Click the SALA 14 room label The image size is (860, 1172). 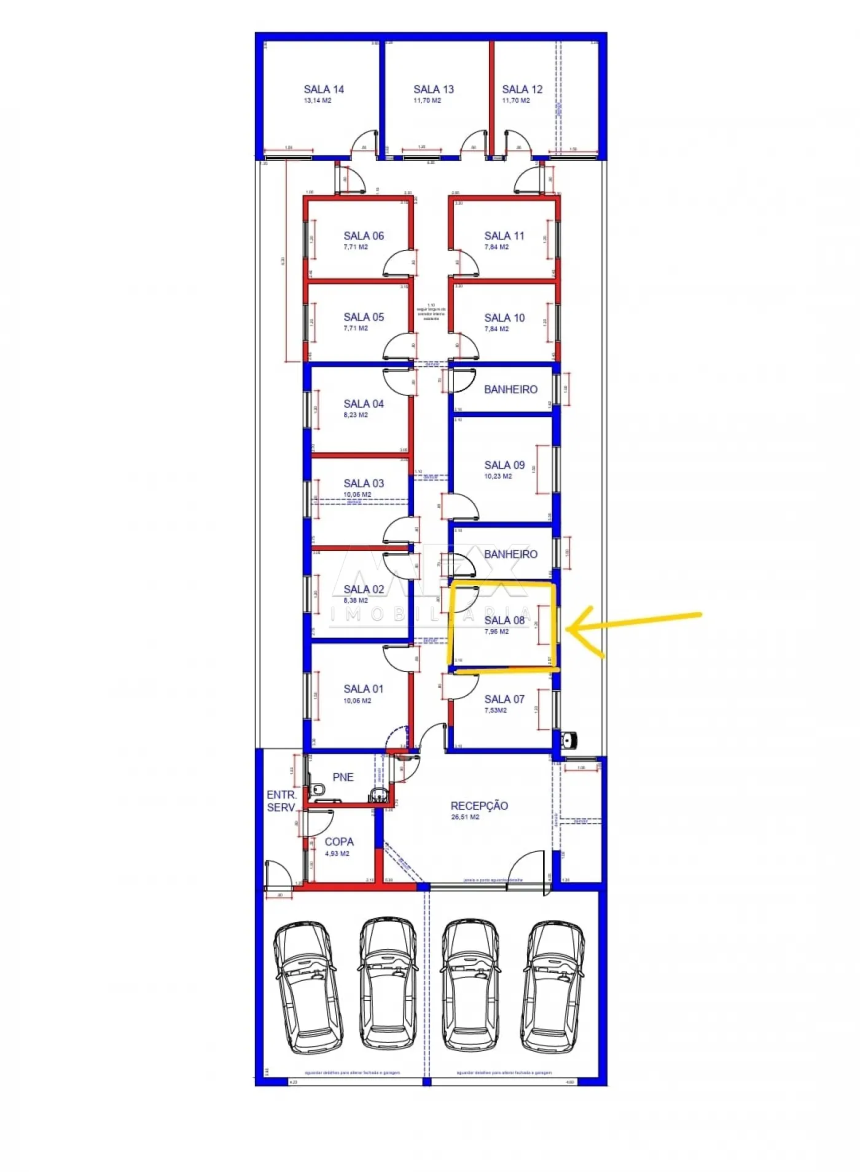[324, 89]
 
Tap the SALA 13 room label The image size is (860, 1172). [433, 89]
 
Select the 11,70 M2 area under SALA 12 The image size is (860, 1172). [516, 101]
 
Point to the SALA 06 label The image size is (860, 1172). [364, 236]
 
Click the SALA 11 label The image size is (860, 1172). [504, 236]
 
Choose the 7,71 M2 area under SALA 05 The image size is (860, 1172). [356, 329]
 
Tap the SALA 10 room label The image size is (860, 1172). [504, 318]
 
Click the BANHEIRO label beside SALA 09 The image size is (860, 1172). [510, 389]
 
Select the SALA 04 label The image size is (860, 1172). [364, 404]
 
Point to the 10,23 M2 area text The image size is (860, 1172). [498, 476]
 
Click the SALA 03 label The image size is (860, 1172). [364, 483]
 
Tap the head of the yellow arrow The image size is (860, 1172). [569, 628]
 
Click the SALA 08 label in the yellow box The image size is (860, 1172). [504, 620]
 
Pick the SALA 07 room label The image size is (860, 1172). [504, 699]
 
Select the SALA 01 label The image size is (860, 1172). [364, 689]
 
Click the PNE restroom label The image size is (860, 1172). [343, 777]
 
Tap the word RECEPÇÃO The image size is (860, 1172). [479, 805]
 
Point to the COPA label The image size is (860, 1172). [339, 842]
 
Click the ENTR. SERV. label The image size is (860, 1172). [281, 801]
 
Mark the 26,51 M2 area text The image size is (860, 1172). [465, 817]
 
